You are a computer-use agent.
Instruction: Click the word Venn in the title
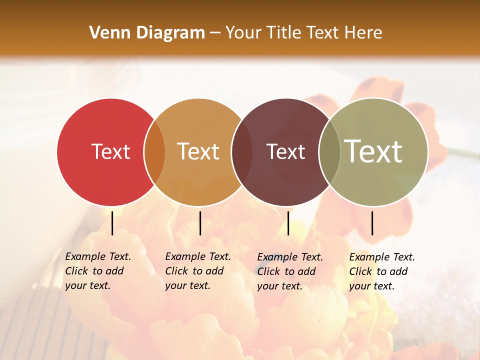(107, 33)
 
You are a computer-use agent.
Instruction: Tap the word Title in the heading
(284, 33)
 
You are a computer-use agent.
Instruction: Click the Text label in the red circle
(110, 151)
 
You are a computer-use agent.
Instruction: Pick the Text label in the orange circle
(198, 151)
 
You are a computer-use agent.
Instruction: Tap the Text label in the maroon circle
(285, 151)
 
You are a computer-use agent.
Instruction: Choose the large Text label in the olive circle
(373, 151)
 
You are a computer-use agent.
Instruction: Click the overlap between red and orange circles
(154, 152)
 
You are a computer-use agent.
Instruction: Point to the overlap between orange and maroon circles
(242, 152)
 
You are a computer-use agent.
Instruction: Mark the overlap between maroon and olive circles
(329, 152)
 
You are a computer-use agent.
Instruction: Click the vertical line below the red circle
(112, 223)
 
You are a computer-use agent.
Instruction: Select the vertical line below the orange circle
(200, 223)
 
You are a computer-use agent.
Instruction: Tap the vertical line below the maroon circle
(288, 223)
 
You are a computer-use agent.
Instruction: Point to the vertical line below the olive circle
(372, 223)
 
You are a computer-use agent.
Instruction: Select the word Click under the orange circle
(176, 271)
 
